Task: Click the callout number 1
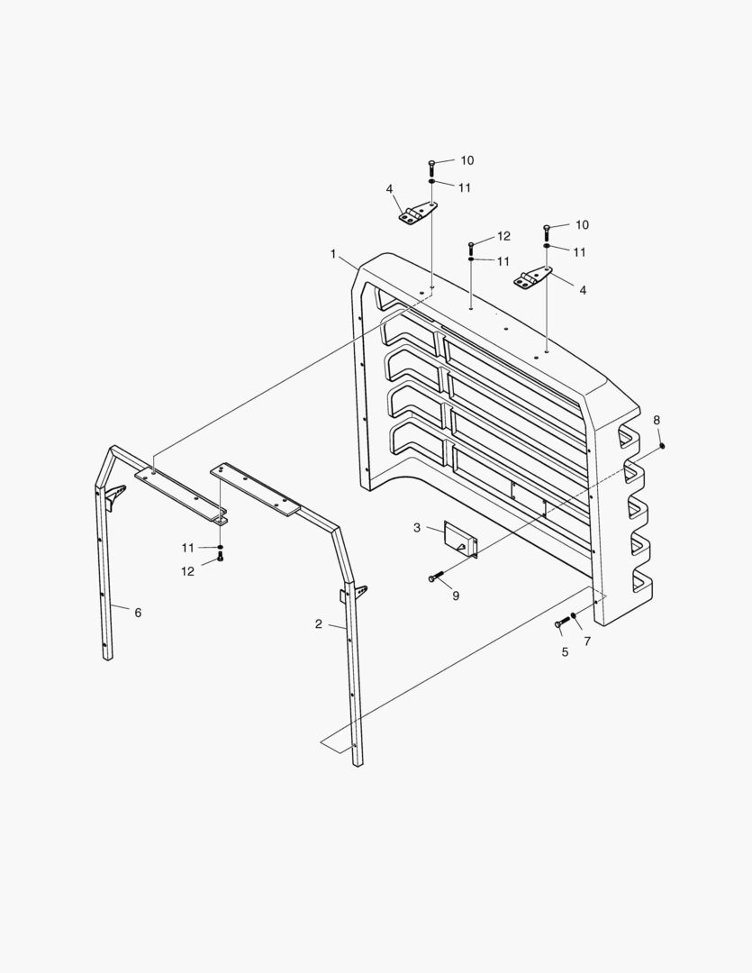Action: click(x=333, y=255)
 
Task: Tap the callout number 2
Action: click(x=319, y=623)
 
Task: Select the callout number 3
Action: click(x=417, y=527)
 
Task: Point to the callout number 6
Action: click(x=138, y=613)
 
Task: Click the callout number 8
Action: click(x=657, y=420)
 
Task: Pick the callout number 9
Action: click(x=456, y=596)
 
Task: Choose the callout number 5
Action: click(x=566, y=651)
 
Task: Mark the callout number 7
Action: click(x=587, y=641)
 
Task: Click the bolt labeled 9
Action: click(x=438, y=577)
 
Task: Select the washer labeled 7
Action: click(x=574, y=616)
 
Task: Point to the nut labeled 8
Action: click(x=663, y=444)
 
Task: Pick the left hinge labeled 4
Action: click(x=418, y=214)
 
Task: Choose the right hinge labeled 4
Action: click(x=533, y=279)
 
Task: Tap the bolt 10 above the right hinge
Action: click(x=548, y=231)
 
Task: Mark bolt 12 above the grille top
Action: click(x=471, y=245)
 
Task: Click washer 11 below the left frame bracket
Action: click(x=220, y=547)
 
